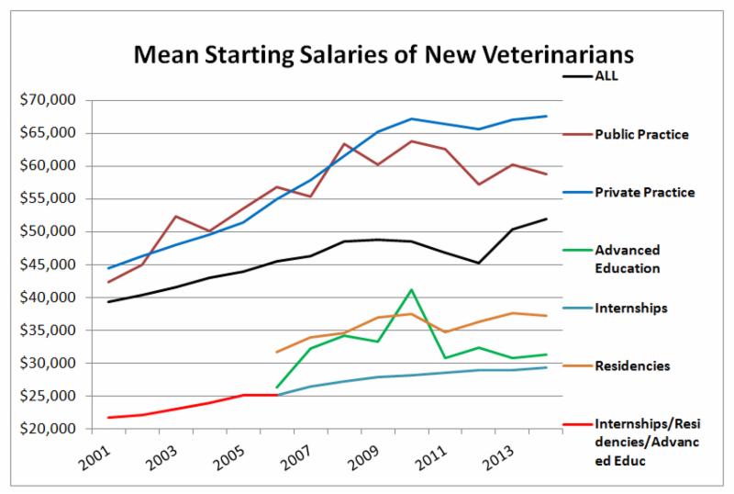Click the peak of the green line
pos(412,290)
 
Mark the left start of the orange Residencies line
pos(277,352)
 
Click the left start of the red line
pos(109,418)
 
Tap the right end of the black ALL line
pos(546,219)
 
